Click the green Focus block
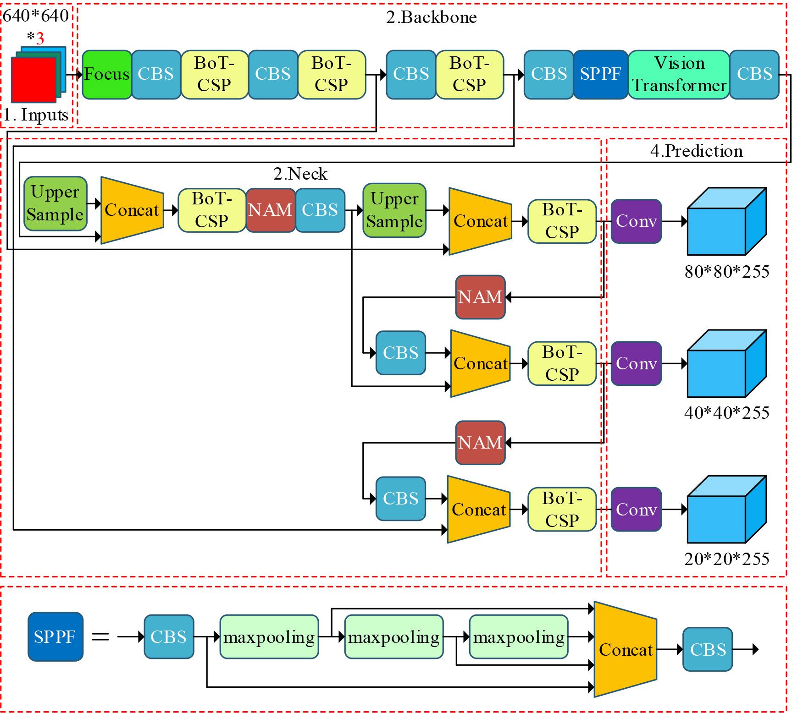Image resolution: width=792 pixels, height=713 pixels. [107, 74]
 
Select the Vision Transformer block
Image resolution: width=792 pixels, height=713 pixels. [678, 74]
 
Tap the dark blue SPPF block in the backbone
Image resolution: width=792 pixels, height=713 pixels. [600, 74]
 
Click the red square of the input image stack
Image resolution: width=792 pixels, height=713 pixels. [33, 80]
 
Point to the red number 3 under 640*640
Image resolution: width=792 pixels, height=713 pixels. [40, 38]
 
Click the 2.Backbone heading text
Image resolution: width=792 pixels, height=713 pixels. [431, 17]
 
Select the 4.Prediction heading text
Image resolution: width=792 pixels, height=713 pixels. [696, 151]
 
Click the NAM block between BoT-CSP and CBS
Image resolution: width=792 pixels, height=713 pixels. [271, 210]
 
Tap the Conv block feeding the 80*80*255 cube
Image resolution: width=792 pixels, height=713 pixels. [636, 221]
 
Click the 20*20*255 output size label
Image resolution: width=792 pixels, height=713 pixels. [726, 559]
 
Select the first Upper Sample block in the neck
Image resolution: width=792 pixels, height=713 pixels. [55, 203]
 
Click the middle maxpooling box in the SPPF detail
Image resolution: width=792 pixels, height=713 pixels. [393, 637]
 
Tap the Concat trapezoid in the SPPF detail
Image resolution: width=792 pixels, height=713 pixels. [626, 649]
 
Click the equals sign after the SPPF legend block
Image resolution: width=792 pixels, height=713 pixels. [100, 637]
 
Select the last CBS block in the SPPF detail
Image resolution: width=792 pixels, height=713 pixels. [707, 649]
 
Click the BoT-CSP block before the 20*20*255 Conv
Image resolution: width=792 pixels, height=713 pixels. [562, 510]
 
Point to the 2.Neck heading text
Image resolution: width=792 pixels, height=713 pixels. [300, 174]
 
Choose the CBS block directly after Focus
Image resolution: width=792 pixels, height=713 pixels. [156, 74]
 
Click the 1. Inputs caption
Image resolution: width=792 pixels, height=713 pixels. [37, 115]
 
